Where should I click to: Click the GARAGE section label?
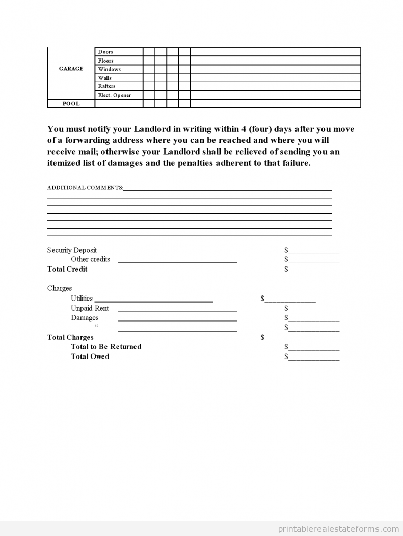coord(71,69)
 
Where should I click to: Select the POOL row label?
coord(71,104)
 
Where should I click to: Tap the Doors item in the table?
coord(105,52)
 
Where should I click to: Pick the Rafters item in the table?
coord(106,86)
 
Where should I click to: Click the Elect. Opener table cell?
coord(114,95)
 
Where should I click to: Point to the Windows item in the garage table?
coord(109,69)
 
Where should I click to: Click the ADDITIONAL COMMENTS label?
coord(85,188)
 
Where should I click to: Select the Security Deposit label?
coord(72,250)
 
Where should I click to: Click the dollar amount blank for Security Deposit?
coord(313,251)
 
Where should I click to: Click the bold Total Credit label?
coord(67,269)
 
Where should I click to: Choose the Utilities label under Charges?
coord(82,299)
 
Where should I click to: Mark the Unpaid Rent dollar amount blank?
coord(313,309)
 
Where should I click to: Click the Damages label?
coord(85,318)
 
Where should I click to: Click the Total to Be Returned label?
coord(106,347)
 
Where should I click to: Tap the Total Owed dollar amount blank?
coord(313,357)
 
